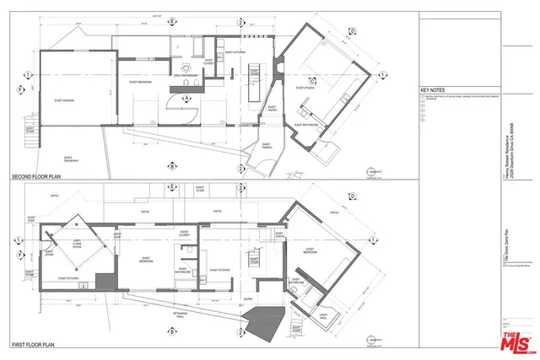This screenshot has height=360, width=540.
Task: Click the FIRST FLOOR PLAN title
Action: click(x=34, y=345)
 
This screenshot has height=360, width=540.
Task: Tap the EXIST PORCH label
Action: click(x=269, y=145)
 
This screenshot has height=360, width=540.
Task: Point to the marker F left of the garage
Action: click(x=20, y=88)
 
